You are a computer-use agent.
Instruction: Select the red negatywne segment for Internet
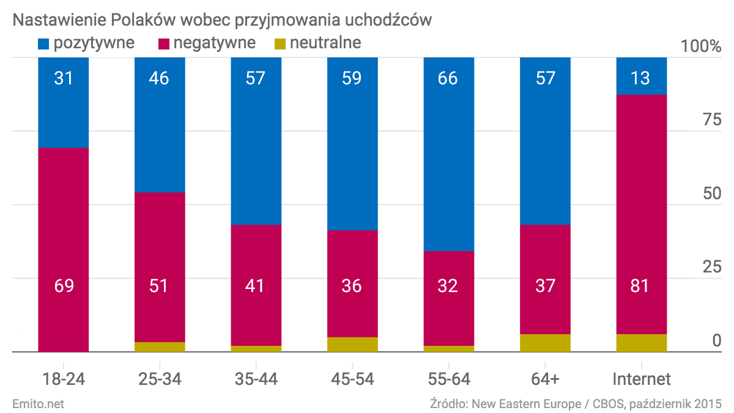click(641, 214)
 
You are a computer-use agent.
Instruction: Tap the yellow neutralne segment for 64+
click(545, 343)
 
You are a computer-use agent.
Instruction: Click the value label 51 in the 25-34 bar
click(160, 285)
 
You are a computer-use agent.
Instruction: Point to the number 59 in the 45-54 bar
click(352, 78)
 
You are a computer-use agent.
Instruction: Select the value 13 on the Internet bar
click(641, 78)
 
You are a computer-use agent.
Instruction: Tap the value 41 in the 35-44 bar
click(256, 285)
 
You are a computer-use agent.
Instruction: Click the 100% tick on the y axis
click(701, 46)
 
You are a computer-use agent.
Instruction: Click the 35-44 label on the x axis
click(256, 379)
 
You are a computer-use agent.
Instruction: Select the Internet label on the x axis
click(641, 379)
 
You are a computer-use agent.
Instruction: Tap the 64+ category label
click(545, 379)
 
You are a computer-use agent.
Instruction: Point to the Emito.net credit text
click(38, 403)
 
